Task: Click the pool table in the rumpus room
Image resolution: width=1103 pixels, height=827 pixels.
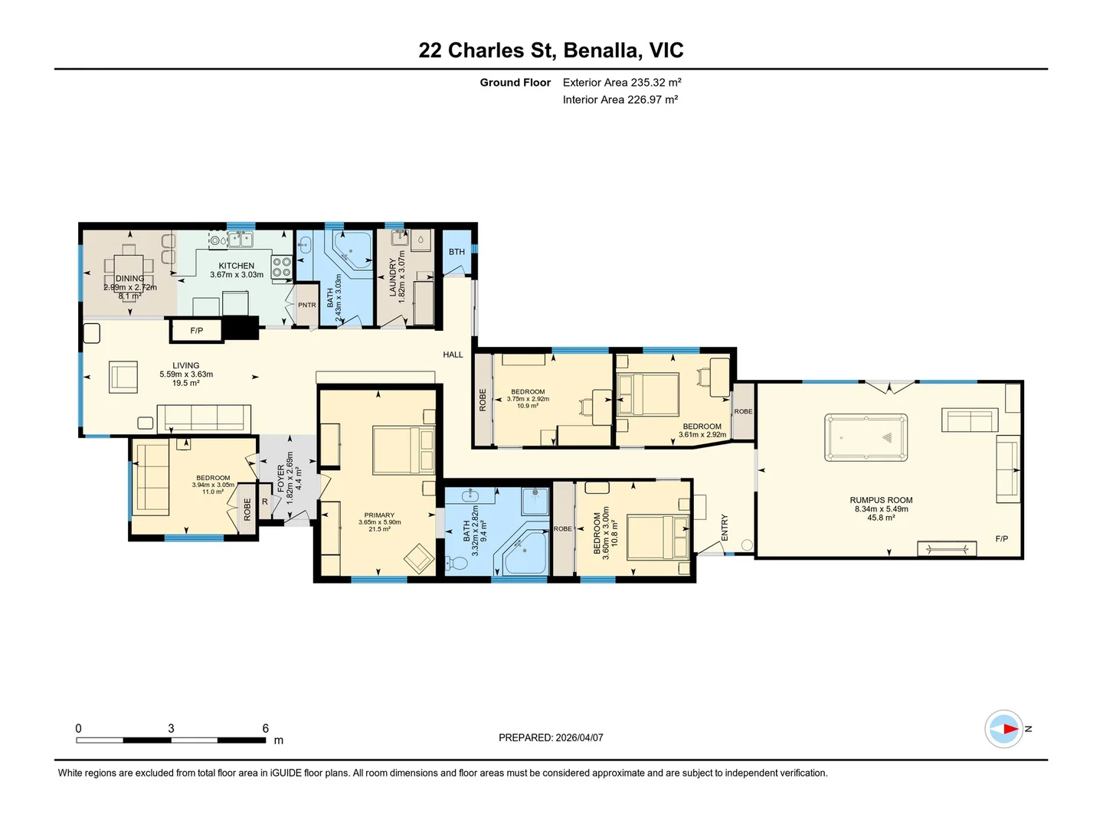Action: tap(866, 436)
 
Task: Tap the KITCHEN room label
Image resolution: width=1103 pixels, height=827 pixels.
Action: tap(236, 266)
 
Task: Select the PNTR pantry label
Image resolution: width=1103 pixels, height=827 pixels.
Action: tap(306, 305)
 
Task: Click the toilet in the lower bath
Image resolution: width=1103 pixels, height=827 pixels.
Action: tap(457, 562)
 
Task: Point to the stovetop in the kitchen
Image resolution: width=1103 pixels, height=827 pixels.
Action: tap(281, 266)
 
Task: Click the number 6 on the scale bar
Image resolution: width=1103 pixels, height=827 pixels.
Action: tap(265, 728)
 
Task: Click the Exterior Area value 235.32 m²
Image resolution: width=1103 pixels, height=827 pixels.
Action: tap(656, 83)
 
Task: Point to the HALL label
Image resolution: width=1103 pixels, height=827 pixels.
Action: tap(453, 355)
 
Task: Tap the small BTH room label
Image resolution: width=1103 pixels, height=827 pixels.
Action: tap(457, 252)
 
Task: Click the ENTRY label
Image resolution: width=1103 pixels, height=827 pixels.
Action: tap(724, 528)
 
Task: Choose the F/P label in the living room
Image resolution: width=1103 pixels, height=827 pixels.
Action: tap(197, 330)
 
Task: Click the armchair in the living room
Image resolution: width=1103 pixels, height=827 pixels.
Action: tap(123, 377)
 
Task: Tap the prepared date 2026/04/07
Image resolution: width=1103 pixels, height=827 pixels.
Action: tap(579, 737)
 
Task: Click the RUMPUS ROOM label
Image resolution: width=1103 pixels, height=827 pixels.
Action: tap(881, 500)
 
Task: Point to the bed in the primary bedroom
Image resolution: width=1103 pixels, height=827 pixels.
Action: tap(404, 450)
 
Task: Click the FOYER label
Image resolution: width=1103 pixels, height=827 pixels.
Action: tap(281, 479)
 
